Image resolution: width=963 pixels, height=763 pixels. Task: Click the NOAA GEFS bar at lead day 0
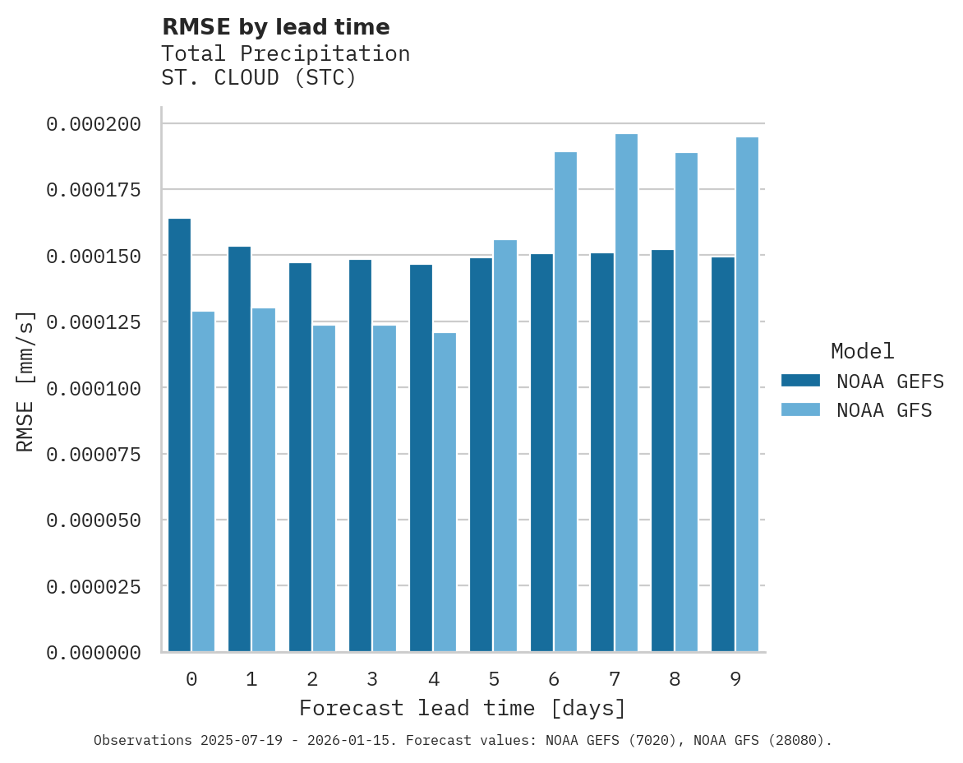tap(179, 435)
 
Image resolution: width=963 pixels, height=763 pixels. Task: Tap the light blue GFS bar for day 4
tap(445, 492)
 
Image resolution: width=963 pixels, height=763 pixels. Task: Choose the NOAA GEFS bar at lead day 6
tap(541, 453)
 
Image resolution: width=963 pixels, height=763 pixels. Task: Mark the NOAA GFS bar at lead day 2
tap(324, 488)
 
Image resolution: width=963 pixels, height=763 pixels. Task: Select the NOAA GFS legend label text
tap(884, 410)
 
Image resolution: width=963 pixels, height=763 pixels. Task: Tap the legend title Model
tap(862, 351)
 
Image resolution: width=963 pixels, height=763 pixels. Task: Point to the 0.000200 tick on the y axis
tap(94, 124)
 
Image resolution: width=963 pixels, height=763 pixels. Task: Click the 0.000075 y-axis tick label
tap(94, 454)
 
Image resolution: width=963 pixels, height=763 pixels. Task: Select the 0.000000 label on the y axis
tap(94, 653)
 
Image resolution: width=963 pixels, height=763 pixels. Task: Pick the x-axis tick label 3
tap(372, 679)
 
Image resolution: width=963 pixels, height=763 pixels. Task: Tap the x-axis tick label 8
tap(675, 679)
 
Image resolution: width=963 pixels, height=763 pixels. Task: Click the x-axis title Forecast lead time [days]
tap(463, 708)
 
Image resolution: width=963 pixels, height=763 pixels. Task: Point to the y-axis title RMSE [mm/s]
tap(25, 381)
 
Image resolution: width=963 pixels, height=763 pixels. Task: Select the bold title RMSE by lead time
tap(275, 27)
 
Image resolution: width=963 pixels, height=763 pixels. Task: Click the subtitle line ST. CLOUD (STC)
tap(259, 78)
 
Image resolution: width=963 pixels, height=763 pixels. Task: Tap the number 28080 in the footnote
tap(796, 740)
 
